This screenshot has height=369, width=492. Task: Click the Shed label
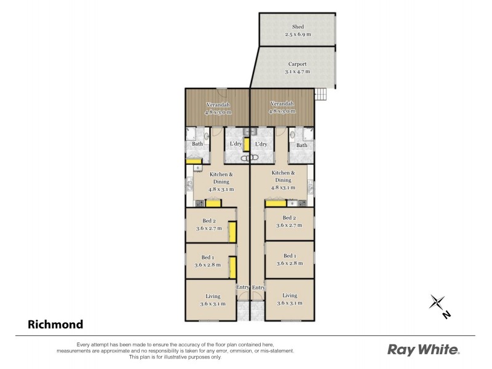pos(298,27)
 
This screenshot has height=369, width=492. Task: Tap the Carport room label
pos(298,63)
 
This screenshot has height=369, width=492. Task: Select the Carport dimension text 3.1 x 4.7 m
pos(298,71)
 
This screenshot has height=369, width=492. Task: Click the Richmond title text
pos(55,323)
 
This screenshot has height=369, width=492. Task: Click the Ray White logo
pos(423,350)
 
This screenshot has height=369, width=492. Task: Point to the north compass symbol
pos(439,305)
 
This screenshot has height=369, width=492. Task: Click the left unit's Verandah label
pos(218,104)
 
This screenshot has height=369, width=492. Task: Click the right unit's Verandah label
pos(281,104)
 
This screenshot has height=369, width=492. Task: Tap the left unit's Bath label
pos(197,145)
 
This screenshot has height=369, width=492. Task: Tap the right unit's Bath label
pos(301,145)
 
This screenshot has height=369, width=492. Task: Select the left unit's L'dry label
pos(235,145)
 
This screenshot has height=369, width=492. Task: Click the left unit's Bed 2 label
pos(209,221)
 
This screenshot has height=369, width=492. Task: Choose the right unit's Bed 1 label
pos(290,255)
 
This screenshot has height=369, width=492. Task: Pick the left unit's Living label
pos(212,296)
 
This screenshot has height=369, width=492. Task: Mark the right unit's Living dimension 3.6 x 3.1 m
pos(290,303)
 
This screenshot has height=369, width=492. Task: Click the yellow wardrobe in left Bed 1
pos(233,268)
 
